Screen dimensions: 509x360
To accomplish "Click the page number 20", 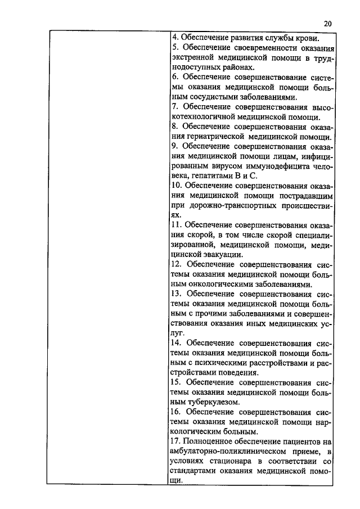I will (328, 24).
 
